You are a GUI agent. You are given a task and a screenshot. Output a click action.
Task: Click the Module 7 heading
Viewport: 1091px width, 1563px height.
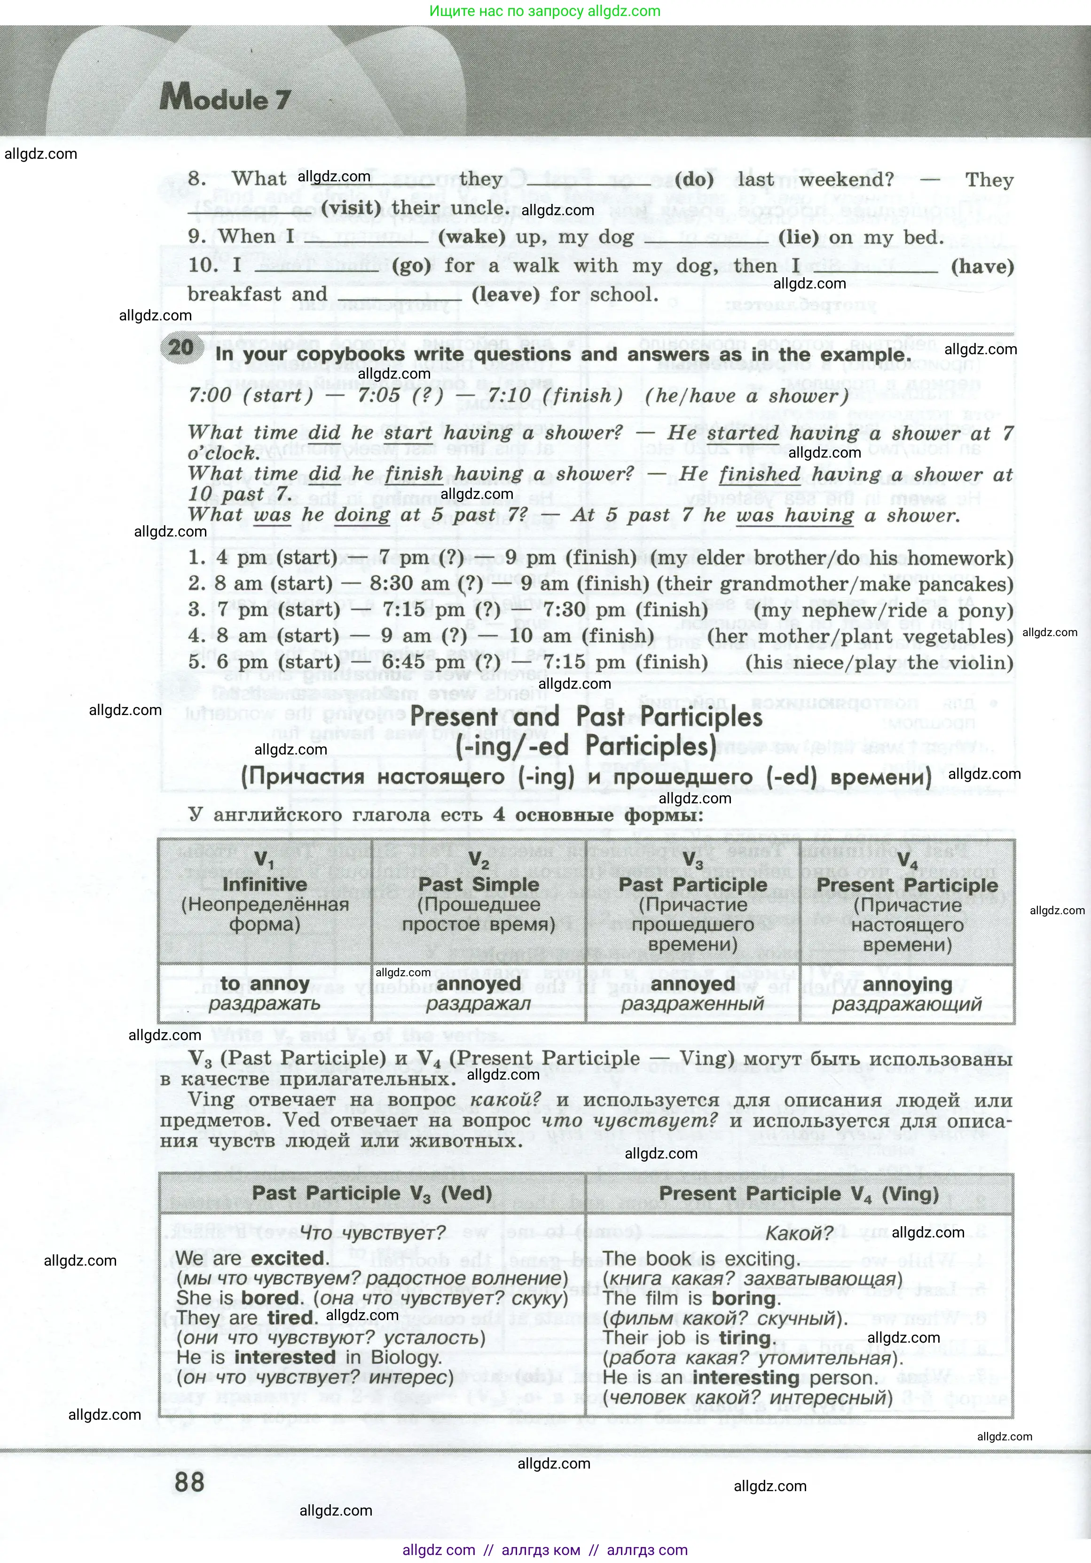225,100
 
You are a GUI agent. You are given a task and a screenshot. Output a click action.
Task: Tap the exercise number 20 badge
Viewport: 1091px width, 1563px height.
181,347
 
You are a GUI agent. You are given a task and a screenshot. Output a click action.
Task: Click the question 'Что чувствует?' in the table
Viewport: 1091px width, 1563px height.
373,1232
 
